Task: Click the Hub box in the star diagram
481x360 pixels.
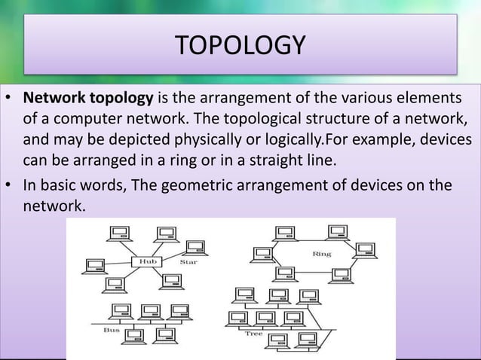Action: coord(146,261)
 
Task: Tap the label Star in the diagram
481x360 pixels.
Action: coord(188,261)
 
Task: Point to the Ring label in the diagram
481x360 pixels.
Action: coord(322,254)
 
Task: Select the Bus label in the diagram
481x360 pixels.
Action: coord(112,330)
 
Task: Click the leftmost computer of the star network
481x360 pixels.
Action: coord(96,264)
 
